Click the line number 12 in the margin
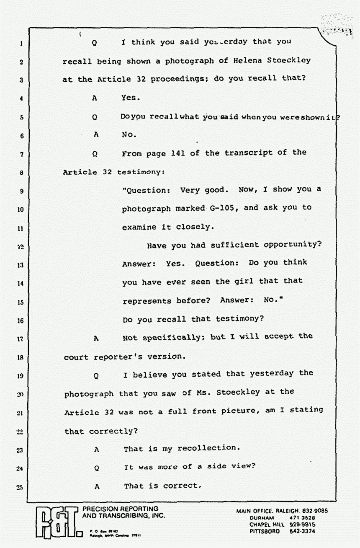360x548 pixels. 20,247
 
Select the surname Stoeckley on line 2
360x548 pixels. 287,60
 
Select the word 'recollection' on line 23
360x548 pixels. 209,448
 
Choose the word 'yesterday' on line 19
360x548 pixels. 264,373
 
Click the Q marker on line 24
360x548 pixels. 96,468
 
